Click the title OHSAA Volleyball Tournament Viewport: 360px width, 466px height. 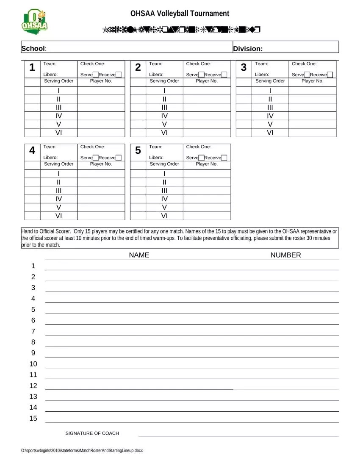tap(180, 14)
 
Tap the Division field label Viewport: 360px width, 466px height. tap(248, 49)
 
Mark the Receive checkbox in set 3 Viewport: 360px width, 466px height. tap(330, 75)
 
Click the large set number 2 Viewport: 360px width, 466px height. tap(138, 68)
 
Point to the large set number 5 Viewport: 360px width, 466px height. tap(138, 151)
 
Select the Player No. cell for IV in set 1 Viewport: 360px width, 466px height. tap(101, 116)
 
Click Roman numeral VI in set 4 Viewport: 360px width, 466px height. tap(58, 216)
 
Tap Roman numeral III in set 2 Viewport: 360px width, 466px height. tap(164, 108)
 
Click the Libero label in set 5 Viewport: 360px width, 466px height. tap(156, 158)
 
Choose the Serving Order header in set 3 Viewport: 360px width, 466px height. tap(270, 81)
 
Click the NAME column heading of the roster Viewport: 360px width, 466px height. tap(139, 255)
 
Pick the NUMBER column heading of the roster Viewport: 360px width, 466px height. tap(285, 255)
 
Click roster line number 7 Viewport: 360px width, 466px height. tap(33, 331)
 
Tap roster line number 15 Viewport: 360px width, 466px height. tap(33, 419)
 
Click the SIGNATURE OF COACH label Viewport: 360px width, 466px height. tap(92, 433)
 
